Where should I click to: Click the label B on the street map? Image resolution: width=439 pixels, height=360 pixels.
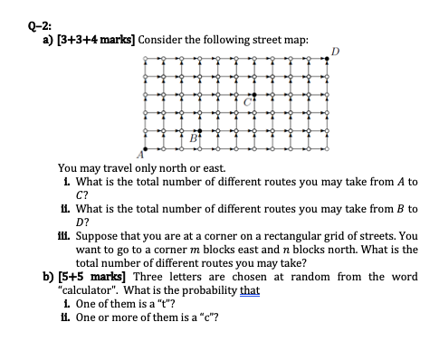click(191, 139)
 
